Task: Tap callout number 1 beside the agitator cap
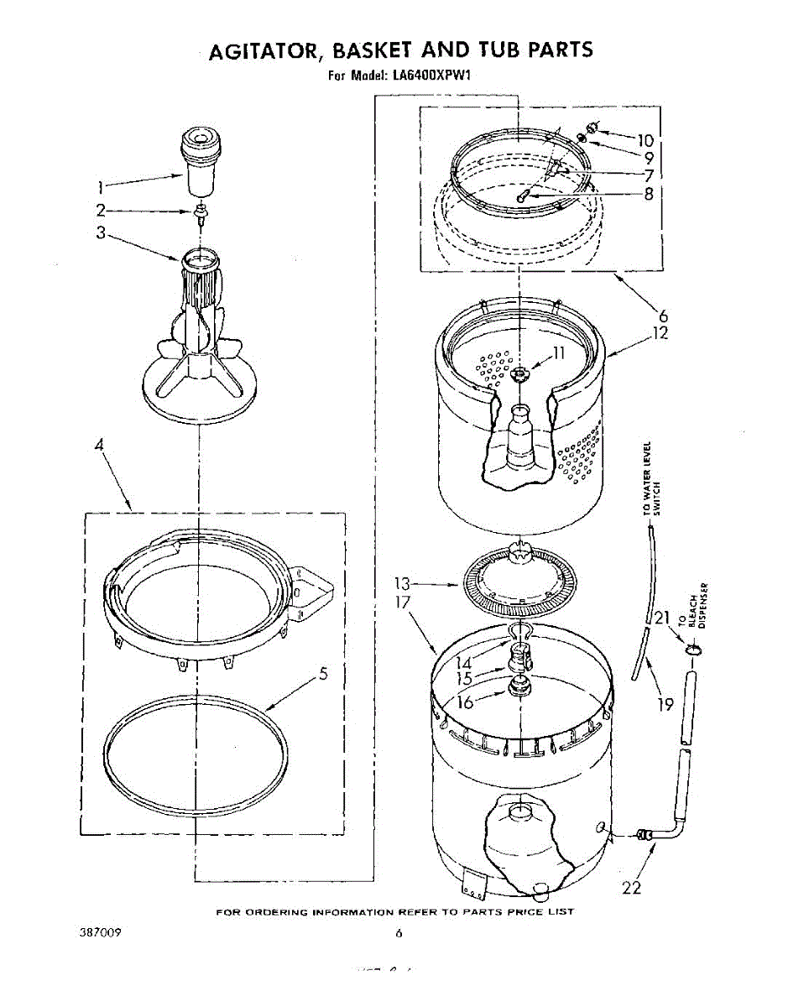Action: [101, 186]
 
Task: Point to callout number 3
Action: [101, 233]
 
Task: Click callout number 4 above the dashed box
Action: [99, 448]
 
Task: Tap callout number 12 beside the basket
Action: [660, 333]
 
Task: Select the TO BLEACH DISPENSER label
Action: [700, 604]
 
